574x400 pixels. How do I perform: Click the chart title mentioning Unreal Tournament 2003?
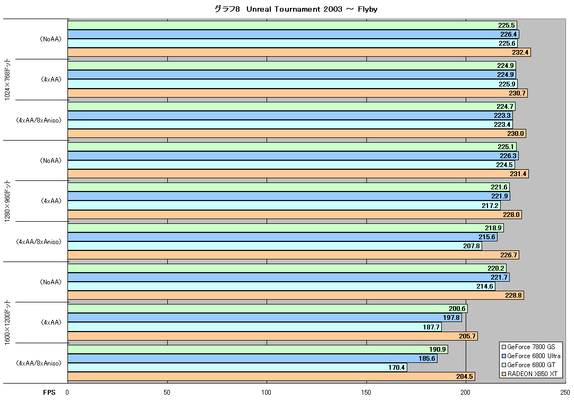pyautogui.click(x=296, y=9)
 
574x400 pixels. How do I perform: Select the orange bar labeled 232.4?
pyautogui.click(x=299, y=53)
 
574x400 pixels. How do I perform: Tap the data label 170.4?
pyautogui.click(x=397, y=368)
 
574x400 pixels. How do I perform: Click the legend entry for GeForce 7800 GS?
pyautogui.click(x=528, y=347)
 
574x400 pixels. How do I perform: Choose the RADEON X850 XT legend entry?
pyautogui.click(x=529, y=373)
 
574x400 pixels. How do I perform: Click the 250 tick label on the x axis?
pyautogui.click(x=565, y=393)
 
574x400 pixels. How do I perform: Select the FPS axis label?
pyautogui.click(x=49, y=393)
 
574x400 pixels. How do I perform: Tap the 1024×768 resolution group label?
pyautogui.click(x=7, y=80)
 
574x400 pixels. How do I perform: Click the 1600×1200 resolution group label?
pyautogui.click(x=7, y=323)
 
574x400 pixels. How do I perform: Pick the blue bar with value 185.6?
pyautogui.click(x=253, y=358)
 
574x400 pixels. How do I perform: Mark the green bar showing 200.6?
pyautogui.click(x=268, y=309)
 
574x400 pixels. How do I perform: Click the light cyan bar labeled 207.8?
pyautogui.click(x=275, y=246)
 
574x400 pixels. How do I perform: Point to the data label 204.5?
pyautogui.click(x=464, y=376)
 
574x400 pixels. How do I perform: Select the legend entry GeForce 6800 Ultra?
pyautogui.click(x=531, y=356)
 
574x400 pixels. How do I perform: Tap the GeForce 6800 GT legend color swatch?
pyautogui.click(x=504, y=365)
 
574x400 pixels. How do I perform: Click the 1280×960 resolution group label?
pyautogui.click(x=7, y=201)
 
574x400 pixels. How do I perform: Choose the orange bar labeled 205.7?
pyautogui.click(x=273, y=336)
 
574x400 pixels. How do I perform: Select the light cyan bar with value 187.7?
pyautogui.click(x=254, y=327)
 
